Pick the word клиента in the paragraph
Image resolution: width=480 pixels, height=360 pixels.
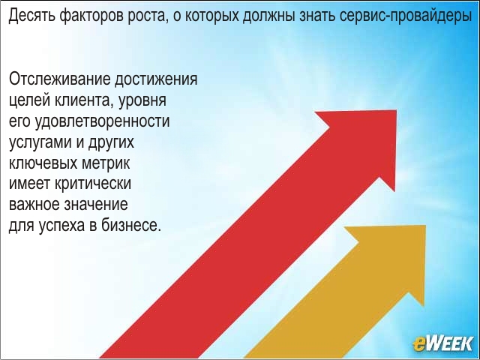click(x=83, y=101)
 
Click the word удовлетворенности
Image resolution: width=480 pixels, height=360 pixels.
click(x=103, y=122)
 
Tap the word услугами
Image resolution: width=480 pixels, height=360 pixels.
click(x=40, y=143)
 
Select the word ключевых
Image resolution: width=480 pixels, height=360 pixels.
click(x=43, y=163)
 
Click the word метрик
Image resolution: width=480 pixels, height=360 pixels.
click(x=106, y=163)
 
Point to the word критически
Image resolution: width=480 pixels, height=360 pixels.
click(x=93, y=184)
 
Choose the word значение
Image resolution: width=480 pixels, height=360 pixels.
click(x=96, y=205)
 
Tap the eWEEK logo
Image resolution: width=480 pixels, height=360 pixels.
click(x=442, y=343)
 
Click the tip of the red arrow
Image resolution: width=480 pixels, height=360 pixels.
click(x=397, y=110)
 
